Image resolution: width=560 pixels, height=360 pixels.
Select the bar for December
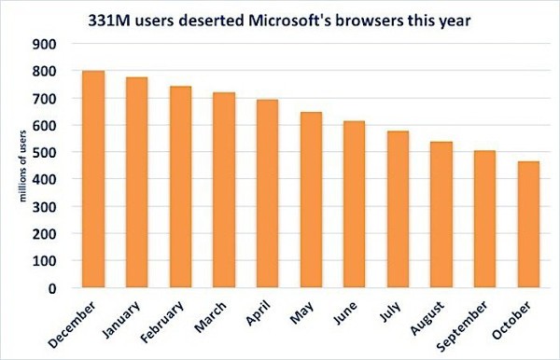(x=92, y=179)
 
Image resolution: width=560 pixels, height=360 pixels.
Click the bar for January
(x=136, y=183)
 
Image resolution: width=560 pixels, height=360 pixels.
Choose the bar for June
(x=354, y=204)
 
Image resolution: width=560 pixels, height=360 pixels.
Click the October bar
(x=527, y=225)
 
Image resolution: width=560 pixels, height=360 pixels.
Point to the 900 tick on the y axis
(x=44, y=44)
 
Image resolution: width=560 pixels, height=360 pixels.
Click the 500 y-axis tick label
(x=44, y=153)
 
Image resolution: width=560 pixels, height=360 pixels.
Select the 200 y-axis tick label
(x=44, y=234)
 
